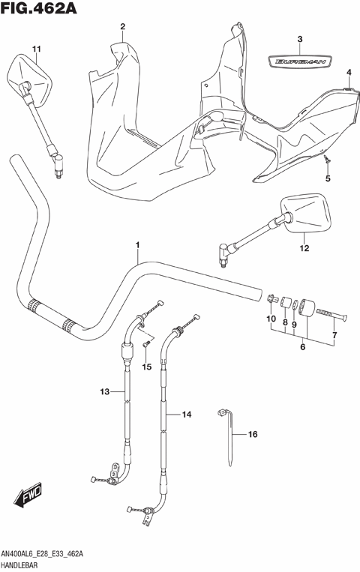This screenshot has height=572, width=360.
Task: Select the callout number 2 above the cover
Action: (121, 27)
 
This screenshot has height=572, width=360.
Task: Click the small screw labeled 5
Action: (326, 160)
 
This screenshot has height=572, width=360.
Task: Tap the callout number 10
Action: (271, 319)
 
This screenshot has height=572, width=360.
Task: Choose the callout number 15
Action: (147, 366)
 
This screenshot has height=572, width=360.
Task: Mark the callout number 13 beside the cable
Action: (105, 391)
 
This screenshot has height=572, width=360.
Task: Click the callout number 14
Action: (187, 414)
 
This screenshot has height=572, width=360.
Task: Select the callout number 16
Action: (252, 433)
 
